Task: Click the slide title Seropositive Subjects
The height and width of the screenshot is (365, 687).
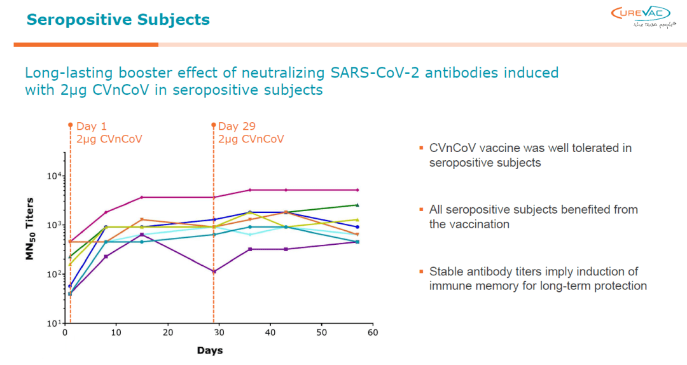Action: point(118,20)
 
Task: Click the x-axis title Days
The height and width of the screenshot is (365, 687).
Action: point(209,350)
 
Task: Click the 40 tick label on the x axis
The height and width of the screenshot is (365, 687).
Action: point(270,333)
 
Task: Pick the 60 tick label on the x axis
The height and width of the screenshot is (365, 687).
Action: point(373,333)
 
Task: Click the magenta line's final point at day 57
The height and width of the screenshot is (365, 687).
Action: point(357,190)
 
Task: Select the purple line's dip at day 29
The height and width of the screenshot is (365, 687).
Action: point(214,272)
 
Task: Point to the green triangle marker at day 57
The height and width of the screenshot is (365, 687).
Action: point(357,205)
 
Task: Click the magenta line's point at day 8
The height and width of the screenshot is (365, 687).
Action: point(106,212)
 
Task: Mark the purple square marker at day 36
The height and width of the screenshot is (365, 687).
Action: point(250,249)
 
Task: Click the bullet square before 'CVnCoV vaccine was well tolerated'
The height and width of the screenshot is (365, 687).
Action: point(420,149)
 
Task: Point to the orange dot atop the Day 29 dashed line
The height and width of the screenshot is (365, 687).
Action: point(214,125)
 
